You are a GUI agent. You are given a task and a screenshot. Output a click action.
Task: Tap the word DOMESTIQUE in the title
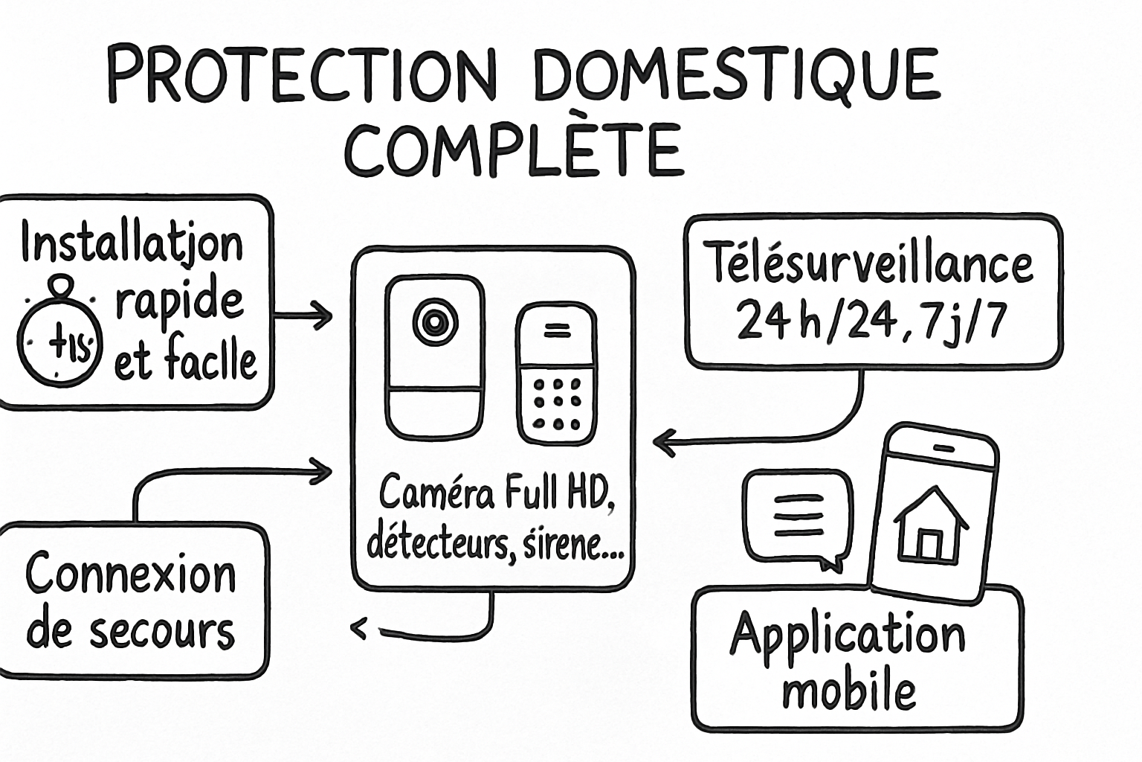pyautogui.click(x=737, y=74)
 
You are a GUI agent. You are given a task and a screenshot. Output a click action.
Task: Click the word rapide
pyautogui.click(x=179, y=301)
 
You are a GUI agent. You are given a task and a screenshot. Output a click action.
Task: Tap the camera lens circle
pyautogui.click(x=434, y=321)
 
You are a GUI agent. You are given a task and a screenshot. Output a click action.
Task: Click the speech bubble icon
pyautogui.click(x=798, y=518)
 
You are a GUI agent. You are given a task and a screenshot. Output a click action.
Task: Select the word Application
pyautogui.click(x=848, y=636)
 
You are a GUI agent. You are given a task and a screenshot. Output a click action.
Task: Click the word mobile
pyautogui.click(x=848, y=691)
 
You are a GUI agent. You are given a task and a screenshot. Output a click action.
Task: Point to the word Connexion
pyautogui.click(x=131, y=574)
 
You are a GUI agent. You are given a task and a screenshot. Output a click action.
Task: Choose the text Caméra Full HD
pyautogui.click(x=497, y=492)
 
